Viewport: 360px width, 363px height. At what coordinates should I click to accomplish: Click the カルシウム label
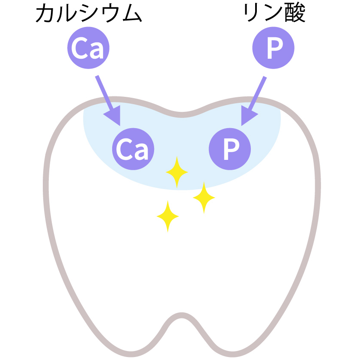point(89,14)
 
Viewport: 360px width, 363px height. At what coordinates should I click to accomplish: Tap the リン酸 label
point(274,13)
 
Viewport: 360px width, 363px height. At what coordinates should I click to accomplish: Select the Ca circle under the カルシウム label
point(88,48)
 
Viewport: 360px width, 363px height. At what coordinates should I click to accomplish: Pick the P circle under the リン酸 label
point(273,48)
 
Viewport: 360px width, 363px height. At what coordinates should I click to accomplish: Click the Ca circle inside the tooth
point(133,149)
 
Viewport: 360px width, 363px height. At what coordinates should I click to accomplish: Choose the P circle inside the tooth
point(229,149)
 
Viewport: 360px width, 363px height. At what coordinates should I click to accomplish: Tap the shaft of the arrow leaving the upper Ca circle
point(104,92)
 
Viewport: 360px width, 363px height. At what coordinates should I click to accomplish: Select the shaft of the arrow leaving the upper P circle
point(257,93)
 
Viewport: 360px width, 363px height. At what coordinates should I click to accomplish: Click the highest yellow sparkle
point(177,172)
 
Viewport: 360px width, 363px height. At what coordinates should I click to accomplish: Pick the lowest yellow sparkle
point(168,216)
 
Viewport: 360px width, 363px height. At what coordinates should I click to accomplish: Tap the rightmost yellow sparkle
point(204,198)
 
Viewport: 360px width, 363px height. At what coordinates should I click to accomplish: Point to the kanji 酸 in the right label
point(295,13)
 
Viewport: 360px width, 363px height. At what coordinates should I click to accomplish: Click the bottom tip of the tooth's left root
point(131,354)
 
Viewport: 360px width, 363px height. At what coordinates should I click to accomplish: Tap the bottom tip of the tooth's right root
point(232,354)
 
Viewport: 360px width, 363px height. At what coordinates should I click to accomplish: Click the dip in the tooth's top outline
point(182,115)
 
